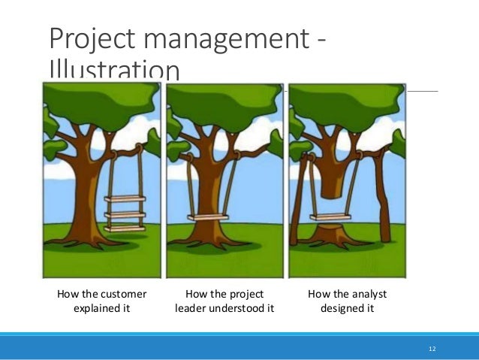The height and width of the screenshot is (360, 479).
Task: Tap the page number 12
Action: click(x=432, y=349)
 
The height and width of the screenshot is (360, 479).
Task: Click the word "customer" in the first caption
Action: click(x=122, y=293)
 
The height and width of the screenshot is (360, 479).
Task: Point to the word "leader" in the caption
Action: click(x=194, y=307)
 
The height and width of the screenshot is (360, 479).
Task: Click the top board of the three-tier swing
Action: click(x=125, y=199)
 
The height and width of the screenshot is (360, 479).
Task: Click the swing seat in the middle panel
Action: click(x=209, y=219)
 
